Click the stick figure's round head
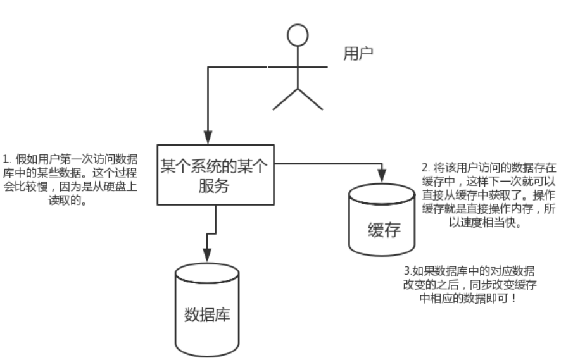pyautogui.click(x=298, y=35)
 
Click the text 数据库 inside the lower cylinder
pyautogui.click(x=206, y=314)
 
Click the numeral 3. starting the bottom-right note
pyautogui.click(x=398, y=270)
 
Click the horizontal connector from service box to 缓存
pyautogui.click(x=326, y=163)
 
